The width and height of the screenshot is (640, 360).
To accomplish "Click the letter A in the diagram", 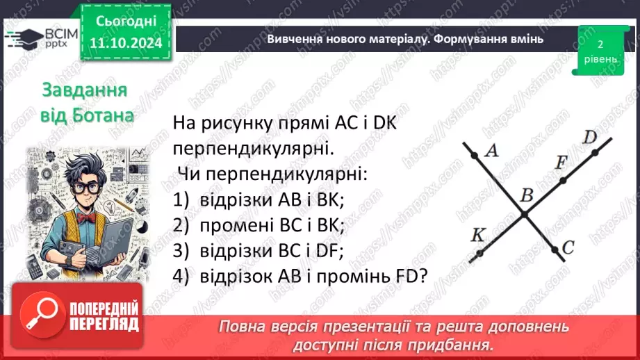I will [x=492, y=150].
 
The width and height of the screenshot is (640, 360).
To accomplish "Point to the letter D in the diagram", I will [x=590, y=137].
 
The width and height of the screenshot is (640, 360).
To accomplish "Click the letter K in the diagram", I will [x=477, y=235].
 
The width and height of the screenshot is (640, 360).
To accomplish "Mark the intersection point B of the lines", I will [x=525, y=213].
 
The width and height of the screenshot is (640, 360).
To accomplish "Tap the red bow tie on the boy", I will [x=86, y=216].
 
